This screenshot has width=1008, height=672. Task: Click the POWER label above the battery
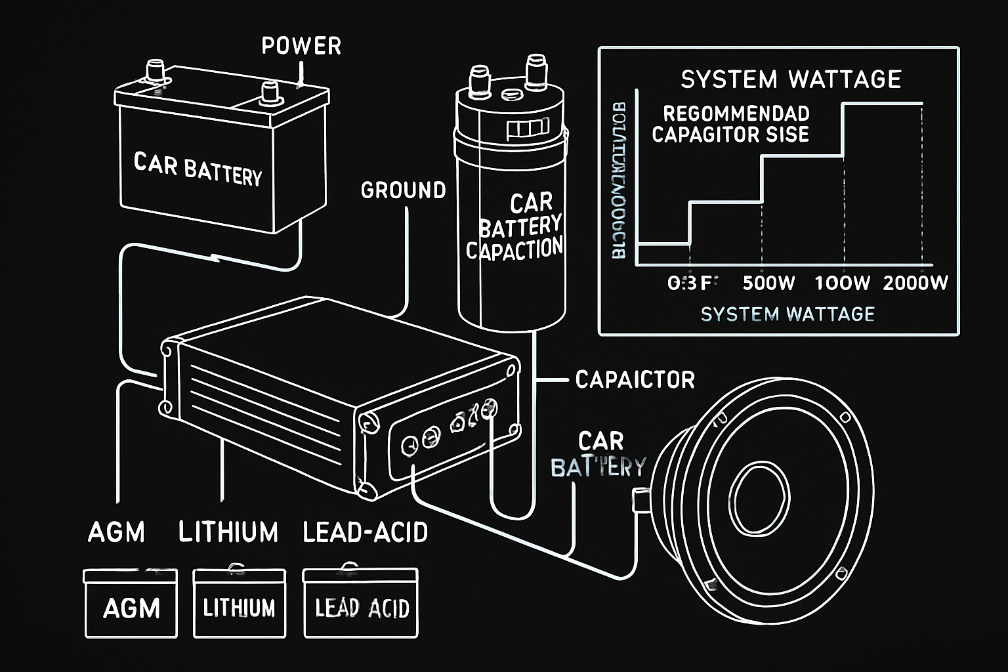[x=301, y=46]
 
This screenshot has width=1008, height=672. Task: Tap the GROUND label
[x=403, y=190]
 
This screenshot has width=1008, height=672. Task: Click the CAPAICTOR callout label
[x=635, y=379]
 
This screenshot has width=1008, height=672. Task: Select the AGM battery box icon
[x=131, y=603]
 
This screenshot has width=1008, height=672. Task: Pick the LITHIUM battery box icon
[x=240, y=603]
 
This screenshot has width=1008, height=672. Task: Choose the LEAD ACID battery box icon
[x=361, y=603]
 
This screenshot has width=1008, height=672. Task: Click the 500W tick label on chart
[x=768, y=283]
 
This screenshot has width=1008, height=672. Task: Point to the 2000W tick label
[x=915, y=283]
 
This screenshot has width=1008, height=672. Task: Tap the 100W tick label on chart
[x=842, y=283]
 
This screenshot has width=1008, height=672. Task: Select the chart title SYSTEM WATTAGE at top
[x=791, y=79]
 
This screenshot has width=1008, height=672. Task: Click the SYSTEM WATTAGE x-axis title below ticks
[x=787, y=314]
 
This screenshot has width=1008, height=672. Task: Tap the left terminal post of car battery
[x=156, y=70]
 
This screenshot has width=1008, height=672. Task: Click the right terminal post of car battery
[x=269, y=92]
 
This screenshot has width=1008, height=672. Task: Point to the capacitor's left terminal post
[x=478, y=77]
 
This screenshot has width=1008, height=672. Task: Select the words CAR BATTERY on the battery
[x=198, y=169]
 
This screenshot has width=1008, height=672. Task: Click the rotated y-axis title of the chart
[x=619, y=180]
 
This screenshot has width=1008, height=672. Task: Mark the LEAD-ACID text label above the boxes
[x=365, y=532]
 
